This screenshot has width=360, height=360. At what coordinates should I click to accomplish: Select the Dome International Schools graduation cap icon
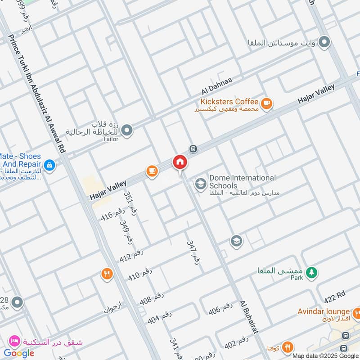pyautogui.click(x=200, y=184)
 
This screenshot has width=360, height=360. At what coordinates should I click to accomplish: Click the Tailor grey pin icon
pyautogui.click(x=127, y=130)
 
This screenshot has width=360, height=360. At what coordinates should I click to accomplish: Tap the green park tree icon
pyautogui.click(x=311, y=272)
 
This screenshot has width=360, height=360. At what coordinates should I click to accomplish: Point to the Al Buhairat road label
pyautogui.click(x=249, y=317)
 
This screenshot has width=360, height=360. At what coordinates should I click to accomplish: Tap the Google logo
pyautogui.click(x=19, y=353)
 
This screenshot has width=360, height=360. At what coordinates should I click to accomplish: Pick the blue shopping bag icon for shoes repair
pyautogui.click(x=50, y=166)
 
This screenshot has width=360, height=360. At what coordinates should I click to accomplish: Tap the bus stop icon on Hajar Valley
pyautogui.click(x=193, y=148)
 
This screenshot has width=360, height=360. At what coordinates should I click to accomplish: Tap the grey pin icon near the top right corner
pyautogui.click(x=324, y=43)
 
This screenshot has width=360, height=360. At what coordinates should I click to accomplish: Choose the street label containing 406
pyautogui.click(x=221, y=309)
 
